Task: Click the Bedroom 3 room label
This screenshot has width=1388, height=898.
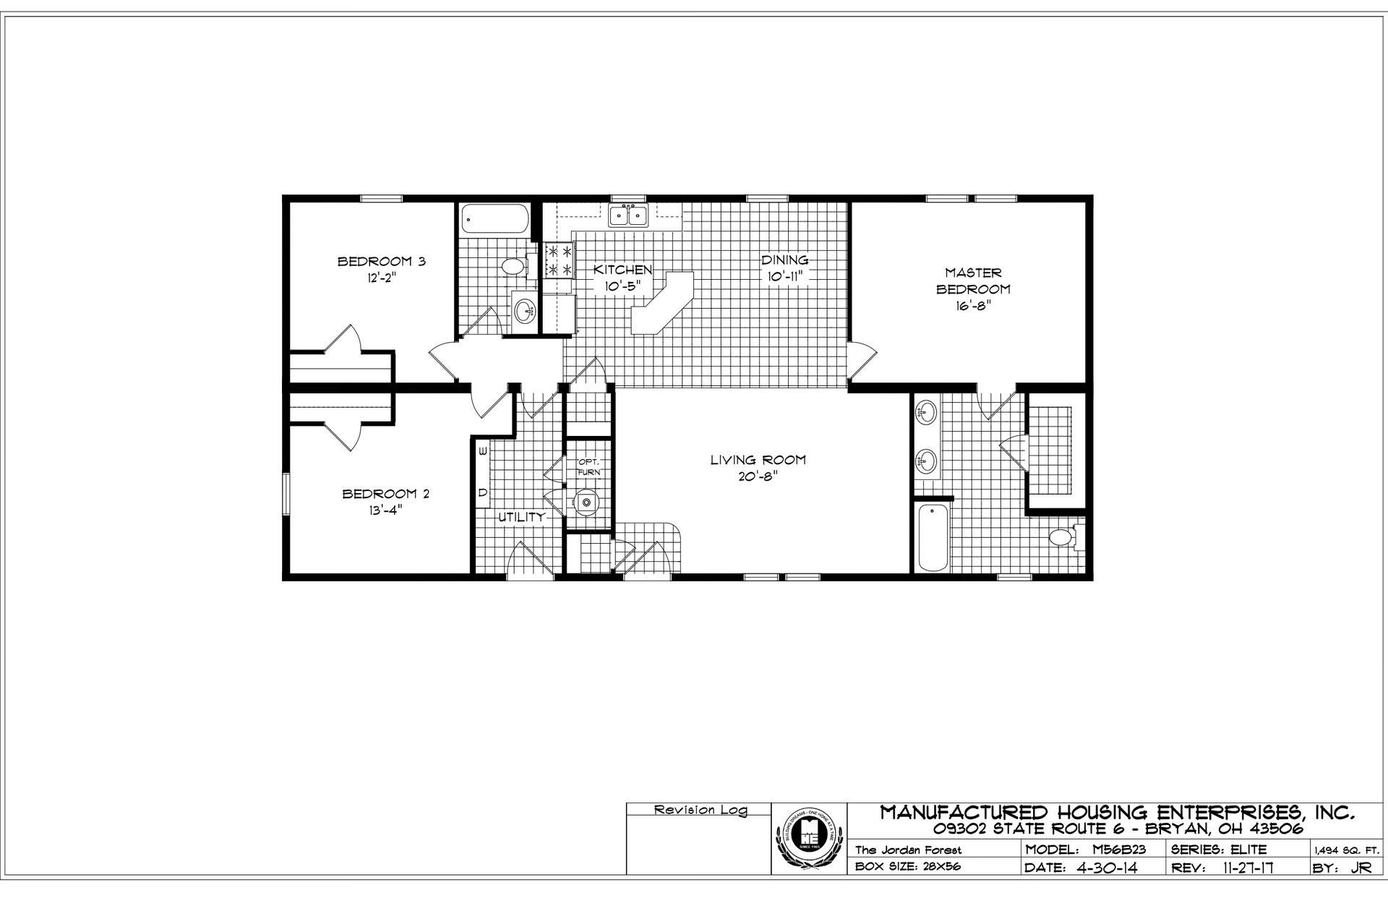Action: [381, 261]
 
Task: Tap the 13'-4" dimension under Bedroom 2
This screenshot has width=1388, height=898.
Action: [385, 510]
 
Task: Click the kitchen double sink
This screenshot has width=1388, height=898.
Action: [627, 215]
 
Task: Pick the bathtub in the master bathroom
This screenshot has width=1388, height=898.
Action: [932, 538]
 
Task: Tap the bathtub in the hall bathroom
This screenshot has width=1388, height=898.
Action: [494, 218]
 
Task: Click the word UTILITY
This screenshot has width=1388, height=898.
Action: [520, 517]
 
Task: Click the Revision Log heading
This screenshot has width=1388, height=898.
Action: [700, 811]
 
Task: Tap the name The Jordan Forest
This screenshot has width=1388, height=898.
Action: [909, 850]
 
